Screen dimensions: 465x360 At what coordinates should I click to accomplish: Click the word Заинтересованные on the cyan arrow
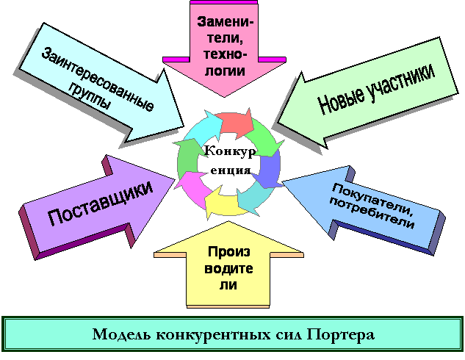(x=97, y=79)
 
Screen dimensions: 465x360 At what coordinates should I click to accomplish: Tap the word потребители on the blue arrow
(x=371, y=212)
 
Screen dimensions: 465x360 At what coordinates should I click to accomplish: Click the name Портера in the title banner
(x=340, y=335)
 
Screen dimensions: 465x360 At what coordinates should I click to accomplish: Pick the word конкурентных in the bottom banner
(x=213, y=335)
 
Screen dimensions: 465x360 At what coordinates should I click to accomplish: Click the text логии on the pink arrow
(x=225, y=71)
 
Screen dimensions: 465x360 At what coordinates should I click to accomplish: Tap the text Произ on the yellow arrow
(x=228, y=252)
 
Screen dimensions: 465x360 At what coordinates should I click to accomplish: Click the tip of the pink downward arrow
(x=224, y=97)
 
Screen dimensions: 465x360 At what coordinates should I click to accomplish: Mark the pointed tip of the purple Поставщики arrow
(x=175, y=179)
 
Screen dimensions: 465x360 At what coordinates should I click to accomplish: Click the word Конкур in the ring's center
(x=230, y=151)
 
